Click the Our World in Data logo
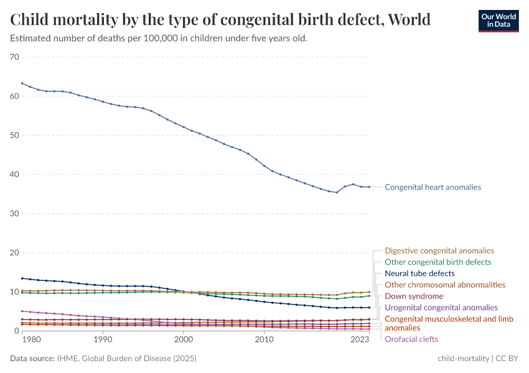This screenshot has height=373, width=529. (x=498, y=21)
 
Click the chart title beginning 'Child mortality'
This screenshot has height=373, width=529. (x=220, y=19)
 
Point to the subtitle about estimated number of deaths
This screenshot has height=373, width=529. (x=159, y=39)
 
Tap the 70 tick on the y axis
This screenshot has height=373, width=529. (x=14, y=57)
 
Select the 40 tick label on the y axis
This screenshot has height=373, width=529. (x=14, y=175)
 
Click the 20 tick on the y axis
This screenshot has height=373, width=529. (x=14, y=253)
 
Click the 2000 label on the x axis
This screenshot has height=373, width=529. (x=184, y=340)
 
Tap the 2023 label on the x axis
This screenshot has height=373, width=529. (x=360, y=340)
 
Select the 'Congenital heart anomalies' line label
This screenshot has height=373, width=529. (x=433, y=187)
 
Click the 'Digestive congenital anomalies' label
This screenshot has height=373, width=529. (x=439, y=251)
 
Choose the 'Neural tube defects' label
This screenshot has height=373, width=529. (x=419, y=274)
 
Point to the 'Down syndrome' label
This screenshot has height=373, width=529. (x=414, y=297)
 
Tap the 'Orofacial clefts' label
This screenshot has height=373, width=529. (x=411, y=339)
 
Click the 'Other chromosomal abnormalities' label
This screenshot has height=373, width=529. (x=445, y=285)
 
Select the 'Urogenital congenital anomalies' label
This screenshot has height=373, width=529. (x=441, y=308)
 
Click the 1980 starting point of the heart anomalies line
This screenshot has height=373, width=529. (x=22, y=83)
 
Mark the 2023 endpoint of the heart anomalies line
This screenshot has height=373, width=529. (x=369, y=187)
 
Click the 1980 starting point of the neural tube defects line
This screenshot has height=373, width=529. (x=22, y=279)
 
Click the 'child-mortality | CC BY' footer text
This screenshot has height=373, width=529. (x=478, y=359)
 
